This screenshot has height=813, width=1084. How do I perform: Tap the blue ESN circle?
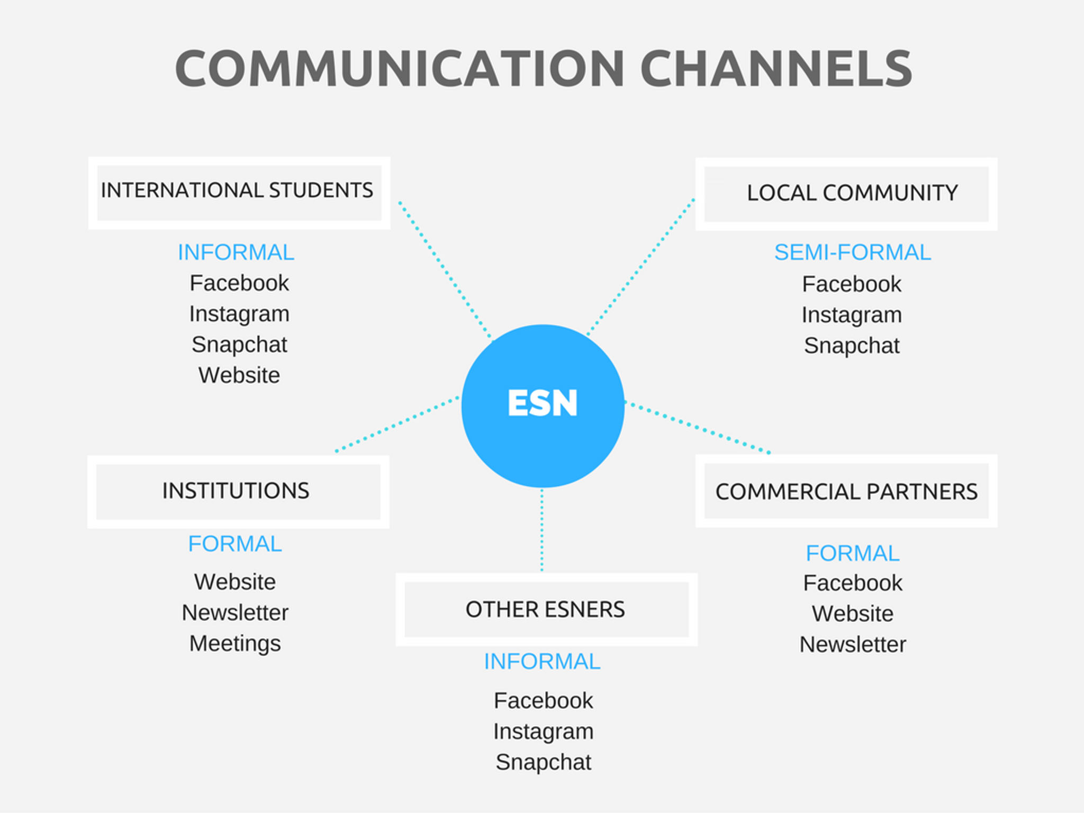click(543, 405)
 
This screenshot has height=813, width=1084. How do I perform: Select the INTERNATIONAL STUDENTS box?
click(239, 193)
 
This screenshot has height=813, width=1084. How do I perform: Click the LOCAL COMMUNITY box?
click(846, 194)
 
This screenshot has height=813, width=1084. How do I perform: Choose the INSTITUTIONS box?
click(238, 491)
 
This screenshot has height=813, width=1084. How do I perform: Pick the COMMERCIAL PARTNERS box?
click(846, 491)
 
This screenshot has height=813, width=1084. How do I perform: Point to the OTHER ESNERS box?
click(546, 609)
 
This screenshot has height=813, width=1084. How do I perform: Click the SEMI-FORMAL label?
click(852, 252)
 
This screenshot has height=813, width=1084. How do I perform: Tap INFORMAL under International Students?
click(236, 252)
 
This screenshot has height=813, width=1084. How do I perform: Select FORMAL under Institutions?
click(235, 544)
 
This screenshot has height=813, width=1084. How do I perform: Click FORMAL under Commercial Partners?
click(852, 554)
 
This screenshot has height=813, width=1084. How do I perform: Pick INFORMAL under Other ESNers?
click(542, 662)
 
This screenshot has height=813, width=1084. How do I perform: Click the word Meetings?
click(235, 644)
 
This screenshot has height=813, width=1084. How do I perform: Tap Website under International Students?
click(239, 375)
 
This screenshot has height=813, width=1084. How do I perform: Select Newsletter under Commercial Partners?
click(853, 645)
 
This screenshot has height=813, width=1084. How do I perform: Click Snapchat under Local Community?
click(852, 346)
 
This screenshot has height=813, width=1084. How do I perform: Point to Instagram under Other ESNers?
click(543, 731)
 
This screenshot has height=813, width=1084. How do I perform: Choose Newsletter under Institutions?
click(235, 613)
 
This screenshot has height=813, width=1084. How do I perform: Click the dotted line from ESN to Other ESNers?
click(542, 529)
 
